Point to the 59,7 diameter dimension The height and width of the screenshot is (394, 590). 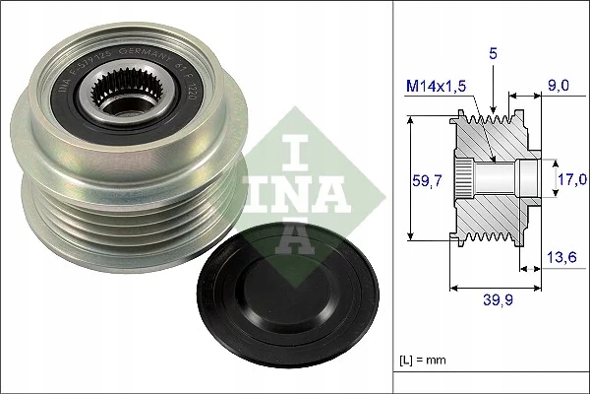click(x=424, y=178)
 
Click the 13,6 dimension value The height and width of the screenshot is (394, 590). click(x=562, y=257)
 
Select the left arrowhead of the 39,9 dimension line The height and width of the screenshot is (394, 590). click(x=453, y=289)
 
